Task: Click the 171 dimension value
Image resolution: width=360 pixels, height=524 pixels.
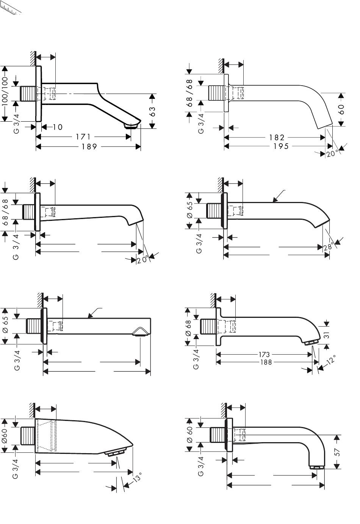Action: (83, 136)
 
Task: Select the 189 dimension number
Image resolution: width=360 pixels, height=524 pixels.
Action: (89, 146)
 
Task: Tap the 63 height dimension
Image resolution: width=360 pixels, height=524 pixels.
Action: (152, 112)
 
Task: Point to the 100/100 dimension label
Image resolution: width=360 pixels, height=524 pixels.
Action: (5, 91)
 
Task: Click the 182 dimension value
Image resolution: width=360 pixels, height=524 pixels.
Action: (277, 137)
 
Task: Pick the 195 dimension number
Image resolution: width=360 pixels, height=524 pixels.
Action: (281, 146)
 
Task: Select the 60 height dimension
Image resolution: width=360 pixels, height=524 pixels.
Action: (341, 109)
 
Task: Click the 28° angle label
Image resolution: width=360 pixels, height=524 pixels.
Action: (329, 247)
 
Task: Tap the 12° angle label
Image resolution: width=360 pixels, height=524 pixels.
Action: (331, 360)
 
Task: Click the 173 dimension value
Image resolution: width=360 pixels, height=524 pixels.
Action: (264, 354)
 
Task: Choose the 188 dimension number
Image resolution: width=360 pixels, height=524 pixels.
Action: (266, 362)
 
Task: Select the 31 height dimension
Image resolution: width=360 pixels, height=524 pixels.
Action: (327, 335)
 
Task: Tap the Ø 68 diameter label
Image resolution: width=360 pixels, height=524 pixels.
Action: (189, 328)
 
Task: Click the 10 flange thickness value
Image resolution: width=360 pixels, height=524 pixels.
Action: (58, 127)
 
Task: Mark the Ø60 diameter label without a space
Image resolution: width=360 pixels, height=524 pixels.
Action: (5, 436)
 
